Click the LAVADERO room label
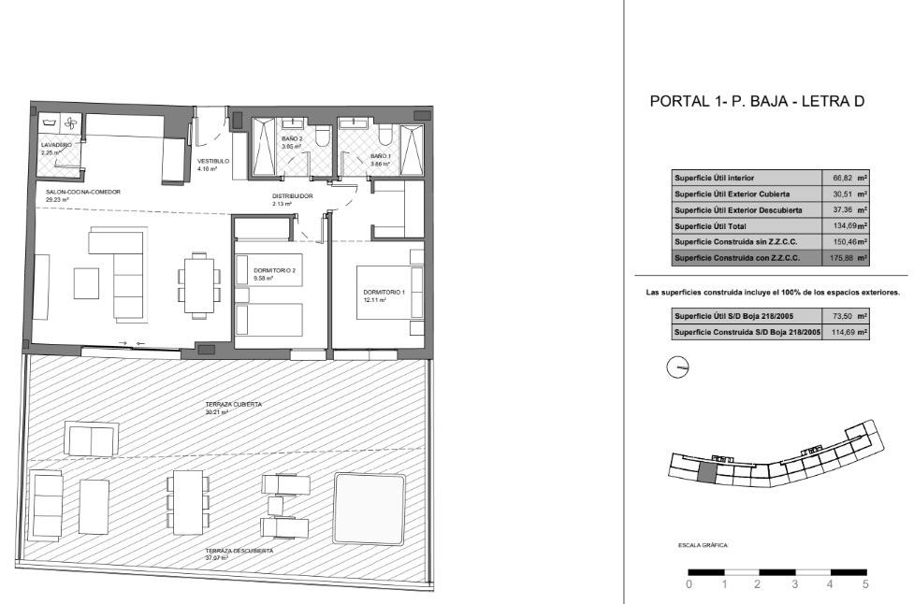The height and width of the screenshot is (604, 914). click(56, 146)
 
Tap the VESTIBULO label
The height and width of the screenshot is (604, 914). click(212, 161)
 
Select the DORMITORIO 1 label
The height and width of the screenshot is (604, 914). click(384, 293)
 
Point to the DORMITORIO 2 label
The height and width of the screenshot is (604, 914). click(274, 270)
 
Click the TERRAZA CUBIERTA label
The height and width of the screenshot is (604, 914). click(233, 404)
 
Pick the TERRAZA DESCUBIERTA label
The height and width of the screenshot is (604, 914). click(239, 551)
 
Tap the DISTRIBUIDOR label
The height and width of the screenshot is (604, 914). click(292, 196)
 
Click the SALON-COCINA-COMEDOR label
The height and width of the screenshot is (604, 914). click(83, 192)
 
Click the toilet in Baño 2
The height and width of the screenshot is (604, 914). click(321, 138)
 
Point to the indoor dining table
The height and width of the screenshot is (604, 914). click(198, 282)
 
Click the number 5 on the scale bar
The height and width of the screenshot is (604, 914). click(865, 584)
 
